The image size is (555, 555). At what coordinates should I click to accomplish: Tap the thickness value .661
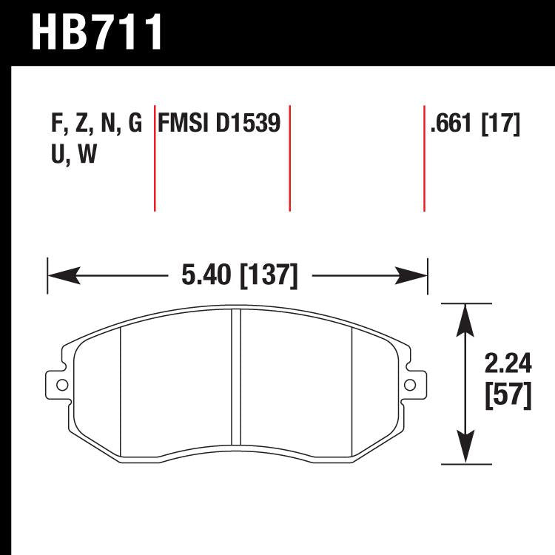pos(452,124)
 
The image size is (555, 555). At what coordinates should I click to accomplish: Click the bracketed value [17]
pos(502,124)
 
